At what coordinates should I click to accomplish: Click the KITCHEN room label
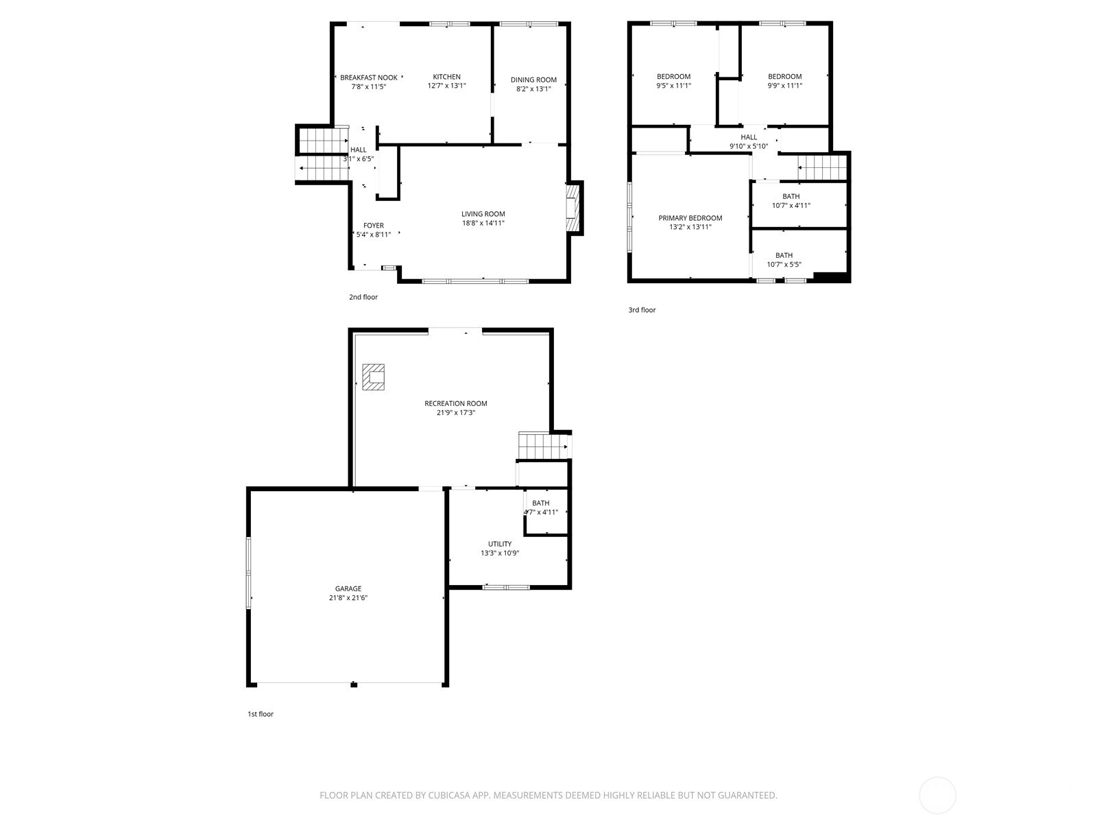coord(446,77)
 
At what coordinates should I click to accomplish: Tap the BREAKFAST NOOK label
coord(368,77)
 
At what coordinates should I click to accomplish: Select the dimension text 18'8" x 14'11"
coord(483,223)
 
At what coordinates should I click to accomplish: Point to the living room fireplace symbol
coord(572,208)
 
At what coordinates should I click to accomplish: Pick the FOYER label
coord(374,226)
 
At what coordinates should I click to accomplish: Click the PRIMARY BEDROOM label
coord(690,218)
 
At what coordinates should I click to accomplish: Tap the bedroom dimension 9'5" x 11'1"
coord(673,86)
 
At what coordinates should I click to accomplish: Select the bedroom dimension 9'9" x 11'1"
coord(784,86)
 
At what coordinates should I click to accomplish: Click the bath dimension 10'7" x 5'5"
coord(784,264)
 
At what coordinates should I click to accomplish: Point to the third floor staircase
coord(822,167)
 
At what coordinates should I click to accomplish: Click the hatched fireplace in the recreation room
coord(374,377)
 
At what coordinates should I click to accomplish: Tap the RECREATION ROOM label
coord(455,403)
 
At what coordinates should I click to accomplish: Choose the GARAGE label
coord(348,588)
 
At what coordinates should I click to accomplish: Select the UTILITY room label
coord(500,544)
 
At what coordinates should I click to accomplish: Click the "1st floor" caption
coord(261,714)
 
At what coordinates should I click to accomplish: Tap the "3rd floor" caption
coord(642,310)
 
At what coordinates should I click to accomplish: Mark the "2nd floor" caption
coord(363,297)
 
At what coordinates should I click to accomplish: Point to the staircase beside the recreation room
coord(544,446)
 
